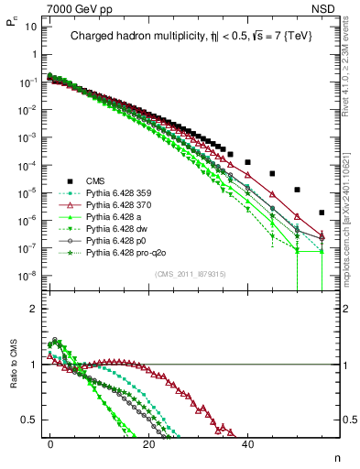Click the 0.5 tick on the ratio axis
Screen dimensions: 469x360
coord(31,420)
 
